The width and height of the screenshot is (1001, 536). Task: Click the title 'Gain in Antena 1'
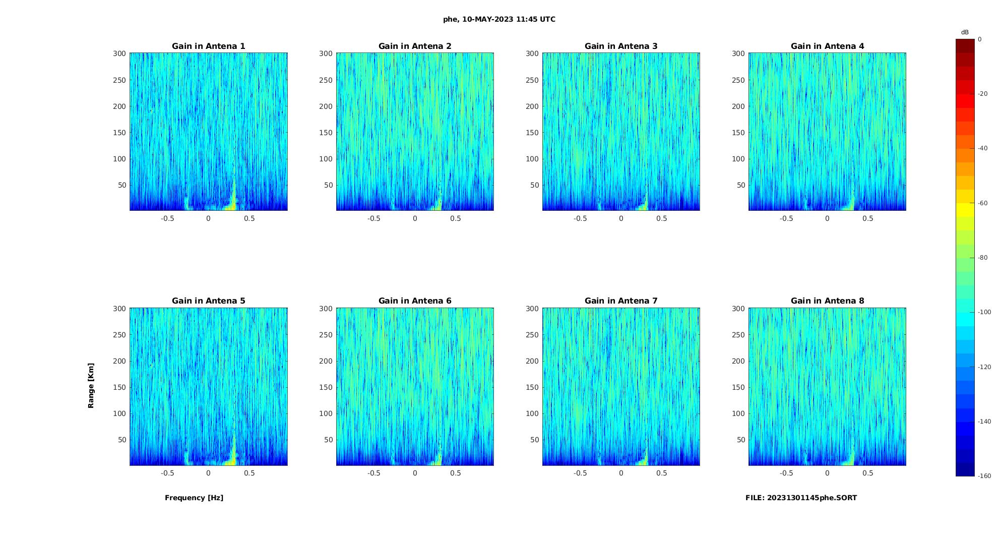coord(208,46)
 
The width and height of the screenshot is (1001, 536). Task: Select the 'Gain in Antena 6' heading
coord(415,301)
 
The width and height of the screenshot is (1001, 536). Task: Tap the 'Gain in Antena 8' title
coord(827,301)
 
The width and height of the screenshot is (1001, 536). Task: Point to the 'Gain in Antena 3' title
coord(621,46)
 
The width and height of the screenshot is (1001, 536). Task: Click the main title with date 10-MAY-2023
coord(499,20)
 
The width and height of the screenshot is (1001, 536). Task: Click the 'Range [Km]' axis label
coord(91,386)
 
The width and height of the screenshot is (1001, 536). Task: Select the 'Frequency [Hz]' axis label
coord(194,498)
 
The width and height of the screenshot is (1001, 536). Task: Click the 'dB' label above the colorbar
coord(965,32)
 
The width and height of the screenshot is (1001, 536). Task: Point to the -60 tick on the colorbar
coord(983,203)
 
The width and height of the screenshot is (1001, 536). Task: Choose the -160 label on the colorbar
coord(984,476)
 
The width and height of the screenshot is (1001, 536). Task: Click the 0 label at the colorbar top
coord(980,39)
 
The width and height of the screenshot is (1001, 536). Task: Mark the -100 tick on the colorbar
coord(984,312)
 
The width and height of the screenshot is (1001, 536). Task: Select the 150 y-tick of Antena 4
coord(738,133)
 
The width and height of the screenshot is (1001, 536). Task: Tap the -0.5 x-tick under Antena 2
coord(373,219)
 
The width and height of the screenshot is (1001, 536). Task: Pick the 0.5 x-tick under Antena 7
coord(662,473)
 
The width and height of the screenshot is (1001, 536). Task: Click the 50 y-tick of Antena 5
coord(121,440)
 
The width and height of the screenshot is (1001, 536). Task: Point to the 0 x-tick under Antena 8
coord(827,473)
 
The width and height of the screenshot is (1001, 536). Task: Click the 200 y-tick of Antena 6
coord(326,361)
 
